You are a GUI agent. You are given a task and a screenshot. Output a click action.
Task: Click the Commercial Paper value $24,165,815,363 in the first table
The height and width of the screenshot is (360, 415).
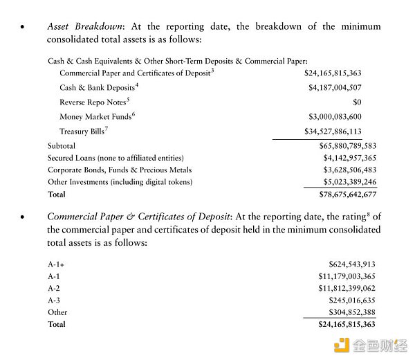click(342, 73)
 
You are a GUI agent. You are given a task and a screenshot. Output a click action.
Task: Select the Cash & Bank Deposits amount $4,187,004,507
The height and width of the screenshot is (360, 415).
click(344, 88)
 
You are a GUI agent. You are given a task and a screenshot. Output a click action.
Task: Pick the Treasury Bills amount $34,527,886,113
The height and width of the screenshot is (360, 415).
click(342, 131)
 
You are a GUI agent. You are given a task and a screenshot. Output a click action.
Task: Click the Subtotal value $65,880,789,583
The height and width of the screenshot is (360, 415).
click(342, 146)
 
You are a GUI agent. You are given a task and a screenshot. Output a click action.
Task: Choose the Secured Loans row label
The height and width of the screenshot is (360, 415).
click(110, 158)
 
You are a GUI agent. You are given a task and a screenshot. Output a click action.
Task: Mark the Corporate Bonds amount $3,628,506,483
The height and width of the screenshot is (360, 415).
click(344, 170)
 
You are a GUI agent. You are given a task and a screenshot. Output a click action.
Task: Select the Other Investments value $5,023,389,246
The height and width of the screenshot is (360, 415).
click(344, 182)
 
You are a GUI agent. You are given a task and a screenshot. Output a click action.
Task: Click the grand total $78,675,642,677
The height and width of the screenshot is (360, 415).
click(342, 195)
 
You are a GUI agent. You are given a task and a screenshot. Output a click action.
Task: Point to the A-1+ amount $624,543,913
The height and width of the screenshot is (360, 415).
click(351, 264)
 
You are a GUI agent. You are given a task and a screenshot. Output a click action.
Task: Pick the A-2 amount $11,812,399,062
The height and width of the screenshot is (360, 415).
click(347, 288)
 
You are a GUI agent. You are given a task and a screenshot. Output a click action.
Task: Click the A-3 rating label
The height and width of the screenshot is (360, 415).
click(55, 300)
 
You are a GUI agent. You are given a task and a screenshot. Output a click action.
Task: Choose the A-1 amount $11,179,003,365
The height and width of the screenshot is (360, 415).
click(347, 276)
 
